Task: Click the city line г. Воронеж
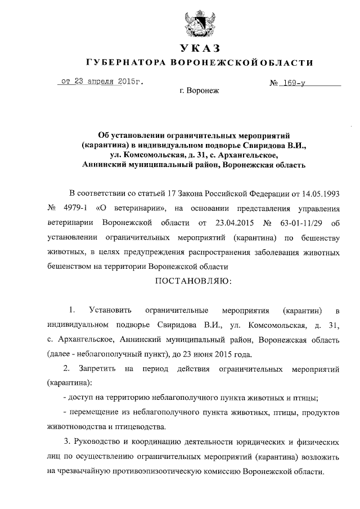click(x=198, y=90)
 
